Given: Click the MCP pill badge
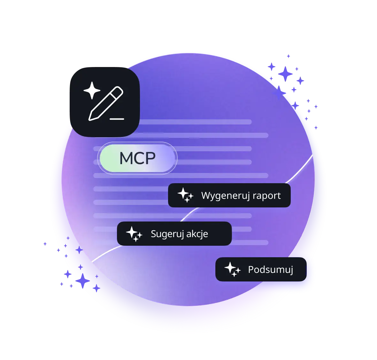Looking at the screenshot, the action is (137, 158).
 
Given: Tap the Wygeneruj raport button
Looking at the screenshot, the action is (229, 195).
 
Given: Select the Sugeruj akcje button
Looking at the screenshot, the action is (174, 233).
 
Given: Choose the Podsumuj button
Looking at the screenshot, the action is (261, 269).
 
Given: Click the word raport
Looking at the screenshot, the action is (267, 196).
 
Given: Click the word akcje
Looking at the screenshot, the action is (197, 234).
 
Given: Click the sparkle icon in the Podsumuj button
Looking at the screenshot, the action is (233, 269).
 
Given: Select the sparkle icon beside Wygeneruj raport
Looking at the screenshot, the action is (185, 195).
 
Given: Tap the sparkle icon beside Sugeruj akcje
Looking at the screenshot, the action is (134, 234).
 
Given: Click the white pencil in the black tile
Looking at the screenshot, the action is (106, 103).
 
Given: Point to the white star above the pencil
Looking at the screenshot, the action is (92, 91).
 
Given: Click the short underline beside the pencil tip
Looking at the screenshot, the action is (117, 119).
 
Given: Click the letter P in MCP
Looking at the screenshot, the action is (150, 158).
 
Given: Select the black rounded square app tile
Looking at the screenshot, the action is (105, 102).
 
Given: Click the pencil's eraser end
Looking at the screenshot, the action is (118, 91).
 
